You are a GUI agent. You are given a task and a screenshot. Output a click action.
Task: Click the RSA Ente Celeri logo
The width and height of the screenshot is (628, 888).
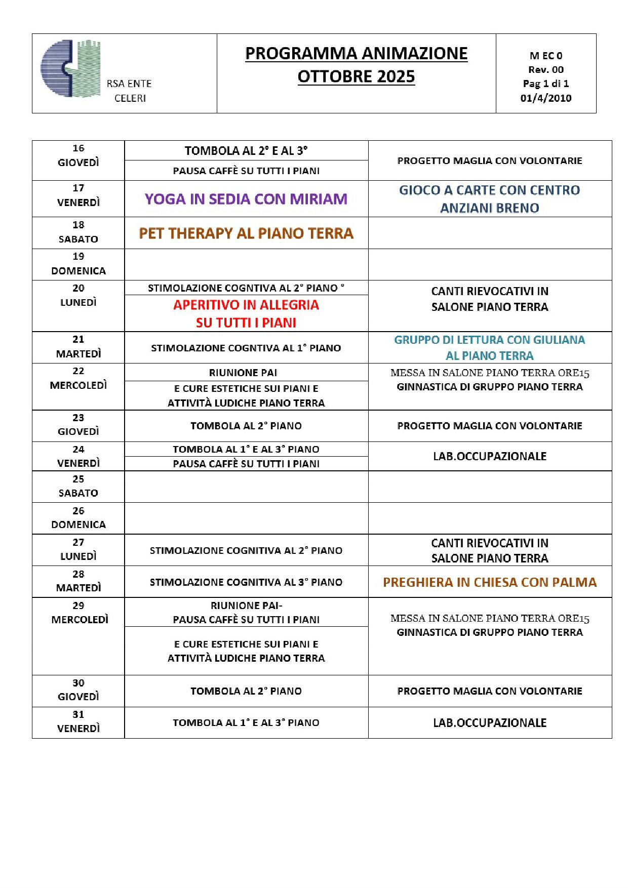coord(71,68)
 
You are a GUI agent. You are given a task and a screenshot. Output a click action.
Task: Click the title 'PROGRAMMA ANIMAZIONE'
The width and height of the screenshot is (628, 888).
coord(356,53)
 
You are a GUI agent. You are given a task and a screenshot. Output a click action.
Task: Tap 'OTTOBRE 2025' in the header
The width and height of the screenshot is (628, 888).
coord(356,76)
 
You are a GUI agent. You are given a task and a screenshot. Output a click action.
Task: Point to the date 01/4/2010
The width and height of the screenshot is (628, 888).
coord(545,98)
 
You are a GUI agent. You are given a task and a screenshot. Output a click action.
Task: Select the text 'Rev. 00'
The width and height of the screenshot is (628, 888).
coord(545,70)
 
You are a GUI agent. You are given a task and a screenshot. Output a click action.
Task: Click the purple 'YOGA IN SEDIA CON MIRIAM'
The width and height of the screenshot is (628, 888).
coord(246,199)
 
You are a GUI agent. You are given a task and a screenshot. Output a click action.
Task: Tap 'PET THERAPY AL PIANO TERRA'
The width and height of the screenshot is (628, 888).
coord(246,233)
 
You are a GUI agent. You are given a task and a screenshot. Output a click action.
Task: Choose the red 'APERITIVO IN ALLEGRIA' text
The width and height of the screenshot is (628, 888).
coord(246,305)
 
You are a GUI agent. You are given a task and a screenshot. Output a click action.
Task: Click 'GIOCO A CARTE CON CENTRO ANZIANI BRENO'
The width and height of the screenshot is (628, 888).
coord(489,198)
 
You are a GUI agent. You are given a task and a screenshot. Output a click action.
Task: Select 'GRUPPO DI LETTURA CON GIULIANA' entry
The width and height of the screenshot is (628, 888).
coord(489,340)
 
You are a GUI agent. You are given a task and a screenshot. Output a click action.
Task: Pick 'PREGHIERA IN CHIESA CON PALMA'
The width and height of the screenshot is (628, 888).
coord(489,582)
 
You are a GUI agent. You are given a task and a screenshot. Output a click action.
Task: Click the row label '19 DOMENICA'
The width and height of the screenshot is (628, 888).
coord(78,264)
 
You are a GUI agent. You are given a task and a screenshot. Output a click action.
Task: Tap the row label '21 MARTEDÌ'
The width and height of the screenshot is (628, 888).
coord(78,347)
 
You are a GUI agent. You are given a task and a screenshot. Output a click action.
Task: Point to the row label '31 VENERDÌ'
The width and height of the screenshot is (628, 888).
coord(78,721)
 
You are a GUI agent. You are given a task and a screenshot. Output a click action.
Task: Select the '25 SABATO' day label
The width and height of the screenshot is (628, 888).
coord(78,486)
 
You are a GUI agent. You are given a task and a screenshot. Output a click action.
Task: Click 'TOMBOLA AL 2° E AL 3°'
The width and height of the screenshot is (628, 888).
coord(246,151)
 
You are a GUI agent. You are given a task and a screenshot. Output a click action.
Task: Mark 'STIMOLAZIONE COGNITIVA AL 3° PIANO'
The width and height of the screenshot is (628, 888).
coord(246,582)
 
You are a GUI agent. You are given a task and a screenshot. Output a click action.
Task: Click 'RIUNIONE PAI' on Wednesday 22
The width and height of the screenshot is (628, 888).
coord(243,373)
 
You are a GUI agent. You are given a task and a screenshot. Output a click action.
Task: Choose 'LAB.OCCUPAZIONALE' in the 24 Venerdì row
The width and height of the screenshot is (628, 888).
coord(489,456)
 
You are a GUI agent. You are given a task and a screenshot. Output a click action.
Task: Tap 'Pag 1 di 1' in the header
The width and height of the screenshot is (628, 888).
coord(545,84)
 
